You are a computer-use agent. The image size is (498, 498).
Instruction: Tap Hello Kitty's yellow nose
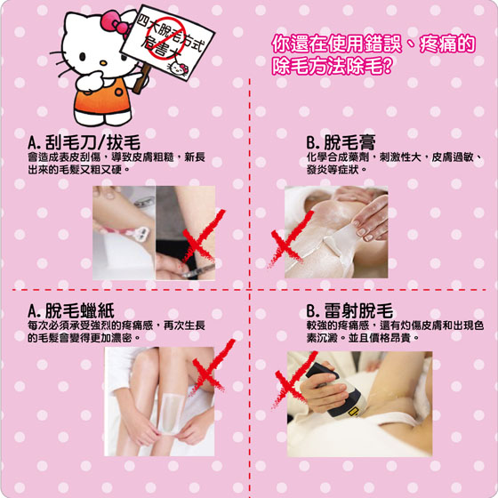tap(103, 63)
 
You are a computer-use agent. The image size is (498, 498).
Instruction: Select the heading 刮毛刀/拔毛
tap(84, 142)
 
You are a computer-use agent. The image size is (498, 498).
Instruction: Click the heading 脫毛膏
tap(341, 142)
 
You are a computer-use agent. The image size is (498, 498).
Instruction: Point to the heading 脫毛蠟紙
tap(71, 310)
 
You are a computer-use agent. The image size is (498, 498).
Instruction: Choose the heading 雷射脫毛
tap(349, 310)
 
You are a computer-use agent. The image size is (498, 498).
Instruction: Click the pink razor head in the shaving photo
tap(141, 234)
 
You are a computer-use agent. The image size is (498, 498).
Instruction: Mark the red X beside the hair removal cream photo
tap(291, 239)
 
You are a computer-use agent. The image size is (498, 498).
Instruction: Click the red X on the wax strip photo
tap(213, 365)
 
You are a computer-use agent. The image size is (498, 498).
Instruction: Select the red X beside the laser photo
tap(293, 380)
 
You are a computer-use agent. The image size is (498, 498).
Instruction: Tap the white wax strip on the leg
tap(171, 414)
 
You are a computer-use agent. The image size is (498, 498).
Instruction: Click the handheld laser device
tap(337, 390)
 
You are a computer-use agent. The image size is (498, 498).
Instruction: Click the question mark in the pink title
tap(389, 66)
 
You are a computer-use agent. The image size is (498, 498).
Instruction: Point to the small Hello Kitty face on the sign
tap(178, 68)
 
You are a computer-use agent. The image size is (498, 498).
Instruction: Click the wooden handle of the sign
tap(141, 78)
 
